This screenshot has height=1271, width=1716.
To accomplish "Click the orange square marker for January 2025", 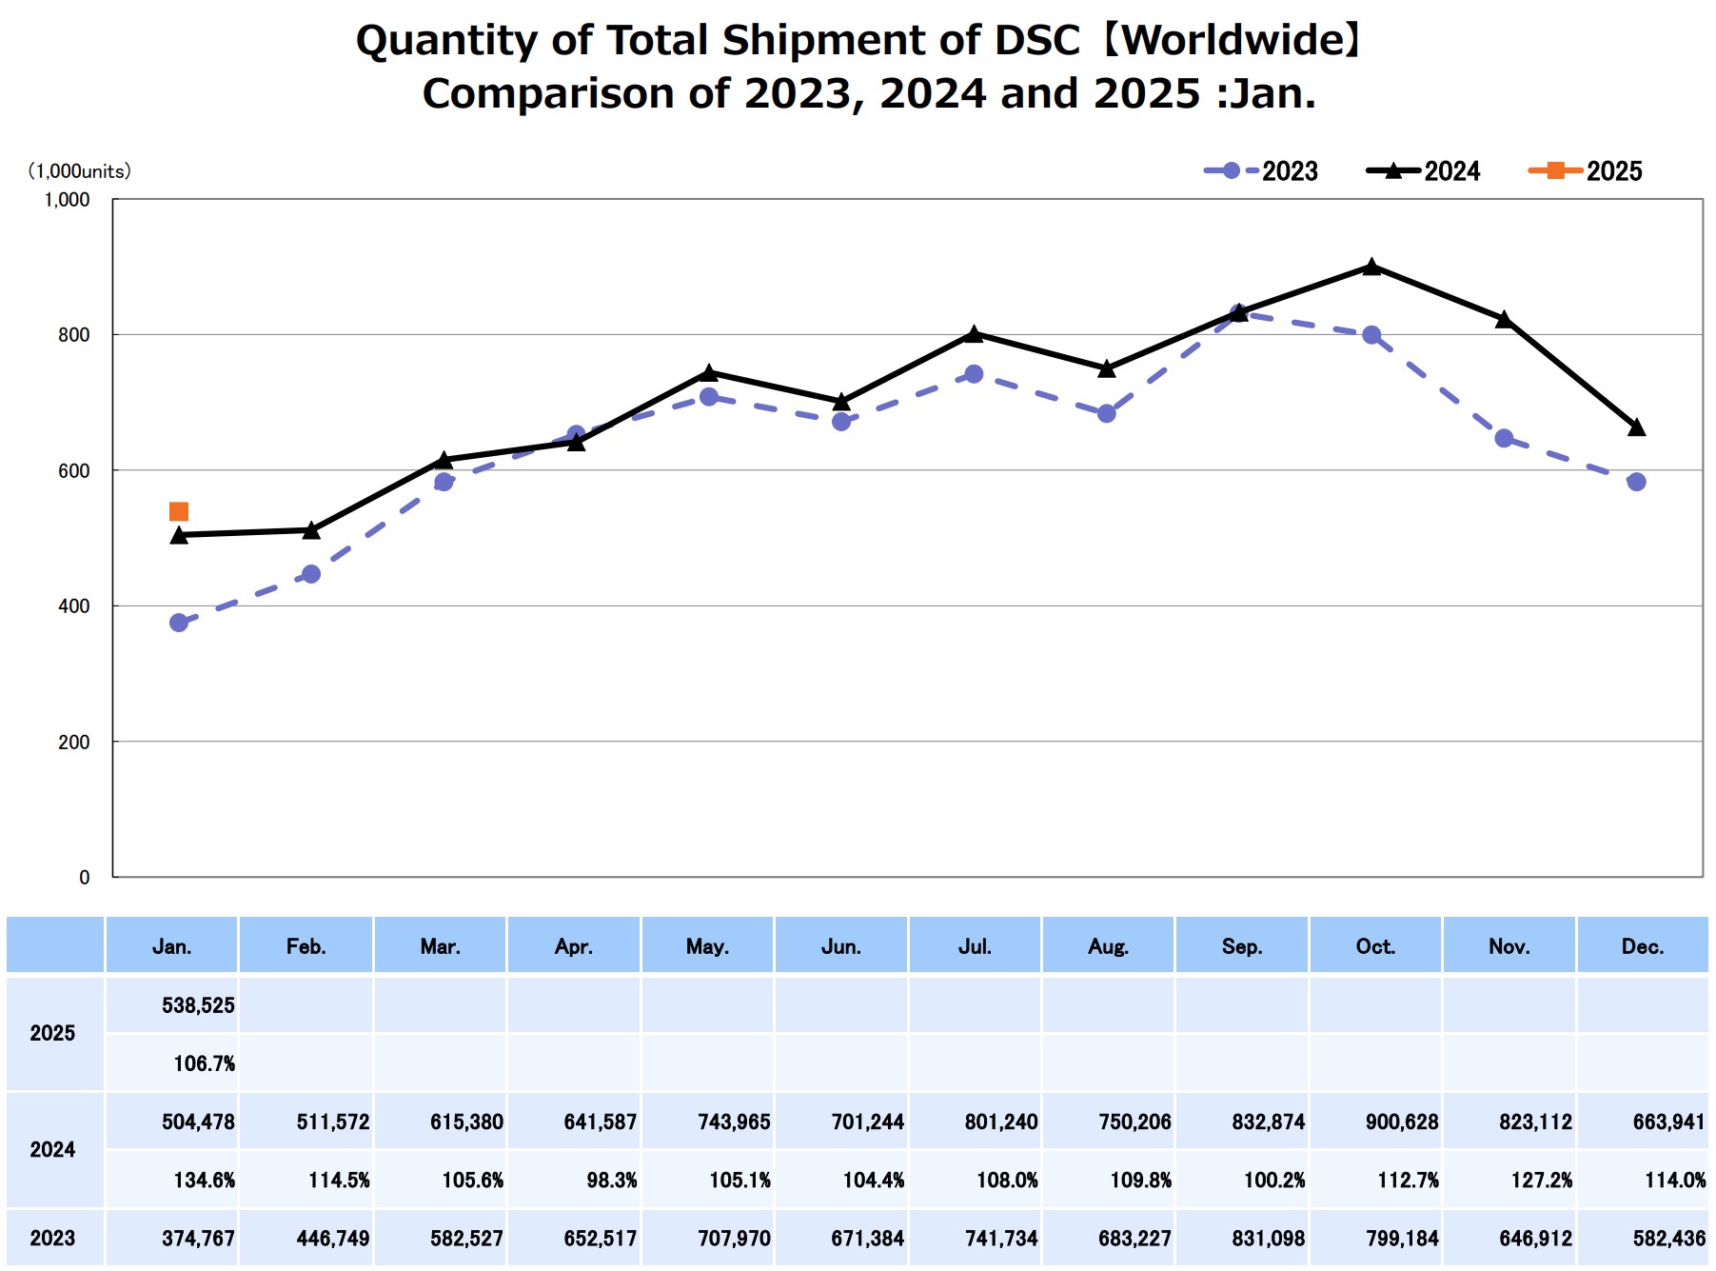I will [178, 512].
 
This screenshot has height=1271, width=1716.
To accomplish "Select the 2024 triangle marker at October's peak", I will [1371, 267].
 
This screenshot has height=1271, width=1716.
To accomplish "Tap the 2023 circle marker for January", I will [178, 623].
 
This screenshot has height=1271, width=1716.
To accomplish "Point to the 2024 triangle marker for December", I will [1636, 427].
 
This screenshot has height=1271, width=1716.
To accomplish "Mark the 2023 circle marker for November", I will [1504, 438].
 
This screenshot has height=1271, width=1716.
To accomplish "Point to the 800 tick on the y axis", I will [73, 335].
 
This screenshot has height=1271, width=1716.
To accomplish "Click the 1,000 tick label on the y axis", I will [67, 200].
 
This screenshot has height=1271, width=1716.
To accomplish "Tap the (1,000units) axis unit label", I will [79, 171].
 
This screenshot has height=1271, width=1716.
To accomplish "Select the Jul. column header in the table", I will [975, 946].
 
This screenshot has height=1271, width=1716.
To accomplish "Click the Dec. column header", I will [1643, 946].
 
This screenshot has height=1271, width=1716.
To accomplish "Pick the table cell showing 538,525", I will [198, 1005].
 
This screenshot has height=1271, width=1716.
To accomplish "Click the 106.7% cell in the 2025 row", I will [204, 1063].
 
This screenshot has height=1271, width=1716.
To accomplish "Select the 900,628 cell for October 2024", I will [1402, 1122].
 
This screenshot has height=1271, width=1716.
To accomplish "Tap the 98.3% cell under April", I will [611, 1181].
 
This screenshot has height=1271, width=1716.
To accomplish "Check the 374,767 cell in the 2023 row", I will [198, 1239].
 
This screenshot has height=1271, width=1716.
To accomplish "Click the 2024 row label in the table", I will [52, 1150].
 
